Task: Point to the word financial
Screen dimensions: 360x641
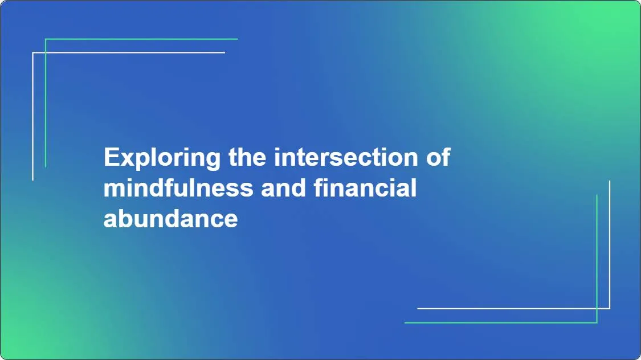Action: [x=365, y=188]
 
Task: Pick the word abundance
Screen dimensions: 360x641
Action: [x=170, y=219]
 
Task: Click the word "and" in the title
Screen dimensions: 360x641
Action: [x=283, y=188]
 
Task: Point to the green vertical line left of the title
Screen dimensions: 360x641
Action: [x=46, y=103]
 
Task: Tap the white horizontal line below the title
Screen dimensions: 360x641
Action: [x=513, y=309]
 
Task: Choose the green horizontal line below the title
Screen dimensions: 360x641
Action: [x=501, y=322]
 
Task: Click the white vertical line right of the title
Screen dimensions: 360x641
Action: [x=610, y=245]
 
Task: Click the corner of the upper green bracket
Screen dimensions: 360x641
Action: [x=46, y=39]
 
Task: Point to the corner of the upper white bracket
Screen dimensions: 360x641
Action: [x=33, y=52]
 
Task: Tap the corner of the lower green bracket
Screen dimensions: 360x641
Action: [x=597, y=322]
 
